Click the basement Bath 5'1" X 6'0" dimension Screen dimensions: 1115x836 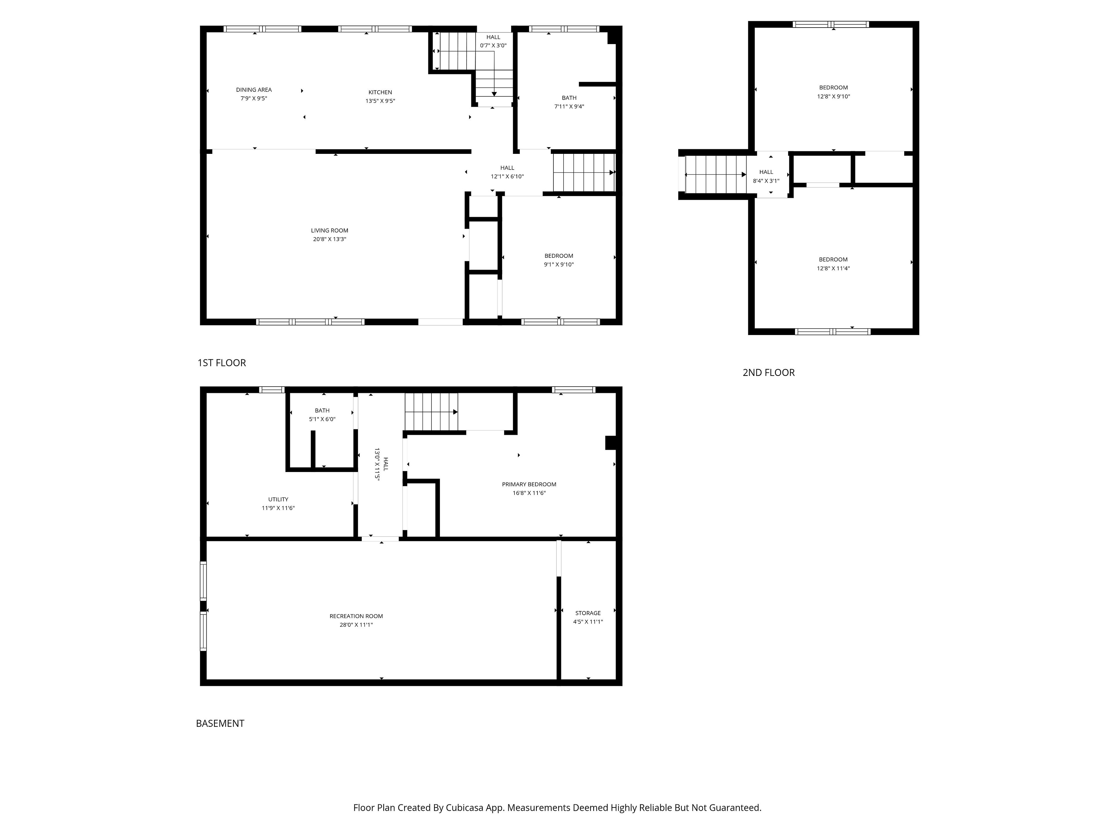coord(322,419)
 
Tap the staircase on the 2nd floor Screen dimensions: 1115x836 coord(715,174)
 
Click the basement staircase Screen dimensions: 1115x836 coord(431,412)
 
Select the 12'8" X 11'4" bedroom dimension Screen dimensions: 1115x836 coord(833,269)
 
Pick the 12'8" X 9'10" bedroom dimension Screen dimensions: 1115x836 coord(833,96)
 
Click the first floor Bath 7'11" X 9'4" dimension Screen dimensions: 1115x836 coord(569,106)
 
